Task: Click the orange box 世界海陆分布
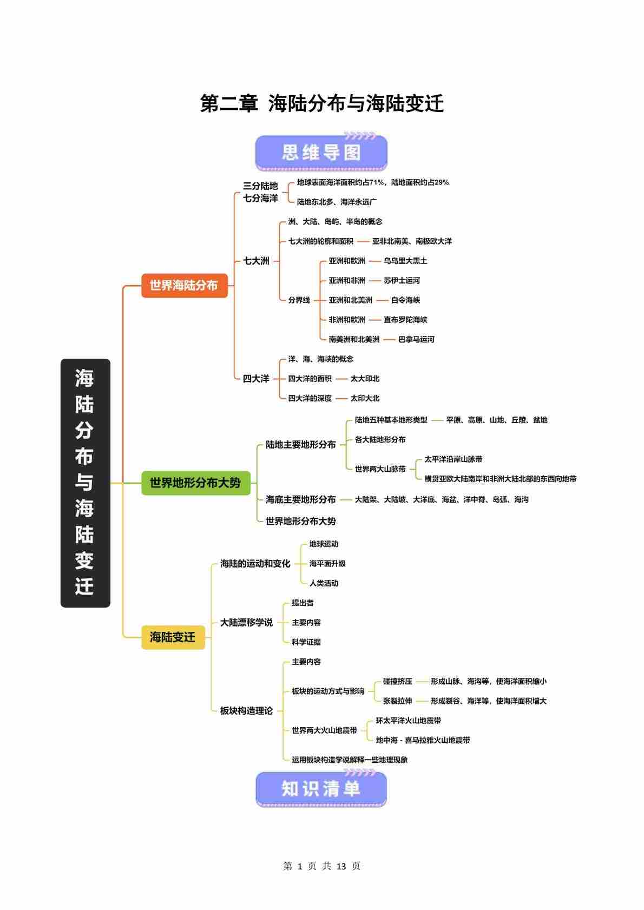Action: pos(184,285)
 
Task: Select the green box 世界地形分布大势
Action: pos(195,483)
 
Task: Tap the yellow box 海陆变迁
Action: pos(173,637)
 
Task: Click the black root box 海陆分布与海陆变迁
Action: pos(85,483)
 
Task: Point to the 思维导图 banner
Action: pos(321,153)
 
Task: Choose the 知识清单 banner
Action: pos(321,789)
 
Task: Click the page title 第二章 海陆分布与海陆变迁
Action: pos(322,103)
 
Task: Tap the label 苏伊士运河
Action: pos(402,280)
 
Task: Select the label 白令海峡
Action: pos(405,300)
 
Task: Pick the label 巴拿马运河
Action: pos(416,339)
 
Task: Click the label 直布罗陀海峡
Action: pos(405,320)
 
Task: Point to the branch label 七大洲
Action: pos(256,261)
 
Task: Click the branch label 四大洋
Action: pos(256,379)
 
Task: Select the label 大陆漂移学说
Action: pos(246,622)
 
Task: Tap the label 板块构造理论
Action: pos(246,710)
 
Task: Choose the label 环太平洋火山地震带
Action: pos(409,721)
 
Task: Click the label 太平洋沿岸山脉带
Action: pos(453,459)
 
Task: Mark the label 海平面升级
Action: pos(327,563)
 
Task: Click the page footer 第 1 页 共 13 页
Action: pos(322,866)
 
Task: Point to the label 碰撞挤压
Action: pos(397,681)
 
